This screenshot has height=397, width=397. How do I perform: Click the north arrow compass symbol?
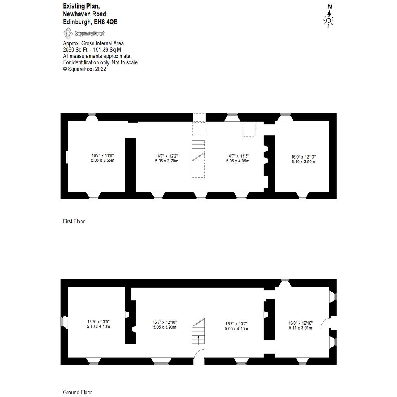pyautogui.click(x=329, y=16)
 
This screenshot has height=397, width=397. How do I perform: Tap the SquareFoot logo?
pyautogui.click(x=84, y=33)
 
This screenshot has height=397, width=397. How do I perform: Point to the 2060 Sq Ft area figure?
pyautogui.click(x=75, y=50)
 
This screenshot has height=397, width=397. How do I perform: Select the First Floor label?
pyautogui.click(x=74, y=221)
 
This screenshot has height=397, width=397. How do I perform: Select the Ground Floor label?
pyautogui.click(x=77, y=392)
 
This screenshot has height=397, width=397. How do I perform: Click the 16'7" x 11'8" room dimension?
pyautogui.click(x=102, y=155)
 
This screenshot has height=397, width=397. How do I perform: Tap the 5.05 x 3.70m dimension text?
pyautogui.click(x=167, y=161)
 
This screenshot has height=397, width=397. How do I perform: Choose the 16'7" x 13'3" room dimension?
pyautogui.click(x=238, y=156)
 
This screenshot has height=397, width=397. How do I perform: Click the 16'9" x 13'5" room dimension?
pyautogui.click(x=98, y=321)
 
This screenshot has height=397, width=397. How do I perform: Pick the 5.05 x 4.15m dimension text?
pyautogui.click(x=236, y=328)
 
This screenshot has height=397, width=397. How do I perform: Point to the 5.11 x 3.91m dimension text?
pyautogui.click(x=300, y=328)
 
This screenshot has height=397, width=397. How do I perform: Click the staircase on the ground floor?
pyautogui.click(x=198, y=331)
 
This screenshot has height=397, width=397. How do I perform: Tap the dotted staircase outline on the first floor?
pyautogui.click(x=198, y=159)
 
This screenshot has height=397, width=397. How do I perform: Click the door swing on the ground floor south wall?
pyautogui.click(x=199, y=357)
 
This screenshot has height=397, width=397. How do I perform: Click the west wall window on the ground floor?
pyautogui.click(x=64, y=322)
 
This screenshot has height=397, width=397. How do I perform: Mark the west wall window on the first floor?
pyautogui.click(x=67, y=157)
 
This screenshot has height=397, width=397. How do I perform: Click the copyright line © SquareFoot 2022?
pyautogui.click(x=85, y=69)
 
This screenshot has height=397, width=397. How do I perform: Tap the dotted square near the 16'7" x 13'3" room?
pyautogui.click(x=249, y=129)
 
